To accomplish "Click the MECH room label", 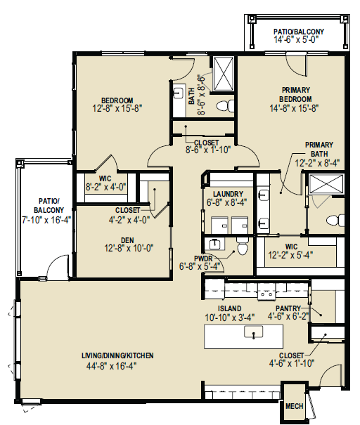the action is [x=294, y=406].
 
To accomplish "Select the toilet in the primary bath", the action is [x=335, y=220].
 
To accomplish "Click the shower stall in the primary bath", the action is [x=326, y=184].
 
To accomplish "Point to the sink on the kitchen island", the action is [x=254, y=332].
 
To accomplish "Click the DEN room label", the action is [x=127, y=240].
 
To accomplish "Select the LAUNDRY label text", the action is [x=228, y=194].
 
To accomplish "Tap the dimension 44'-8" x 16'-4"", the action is [x=112, y=366].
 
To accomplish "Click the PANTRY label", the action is [x=288, y=308].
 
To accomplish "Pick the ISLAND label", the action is [x=229, y=308].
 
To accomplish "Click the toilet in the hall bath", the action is [x=226, y=105].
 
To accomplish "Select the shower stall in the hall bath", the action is [x=224, y=74].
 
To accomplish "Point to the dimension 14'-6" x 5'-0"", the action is [x=296, y=39].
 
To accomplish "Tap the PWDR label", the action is [x=203, y=259].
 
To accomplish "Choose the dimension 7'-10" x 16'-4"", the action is [x=46, y=220].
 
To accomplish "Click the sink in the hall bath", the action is [x=178, y=93].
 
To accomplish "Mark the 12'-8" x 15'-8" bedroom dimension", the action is [x=117, y=108].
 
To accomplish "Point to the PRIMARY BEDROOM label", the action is [x=295, y=94].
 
